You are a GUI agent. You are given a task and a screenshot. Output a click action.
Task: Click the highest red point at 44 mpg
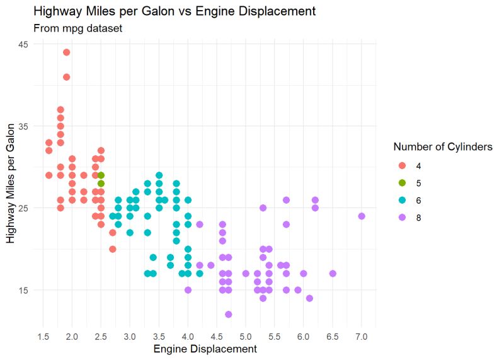[x=66, y=52]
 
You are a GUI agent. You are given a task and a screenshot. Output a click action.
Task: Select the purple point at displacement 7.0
[x=362, y=216]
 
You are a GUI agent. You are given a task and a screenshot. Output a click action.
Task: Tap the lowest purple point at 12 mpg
[x=228, y=315]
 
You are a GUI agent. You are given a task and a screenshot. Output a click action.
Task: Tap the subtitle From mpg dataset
[x=69, y=28]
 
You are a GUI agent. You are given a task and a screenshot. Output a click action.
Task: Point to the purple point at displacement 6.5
[x=333, y=274]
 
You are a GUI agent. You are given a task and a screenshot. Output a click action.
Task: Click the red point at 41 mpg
[x=66, y=77]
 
